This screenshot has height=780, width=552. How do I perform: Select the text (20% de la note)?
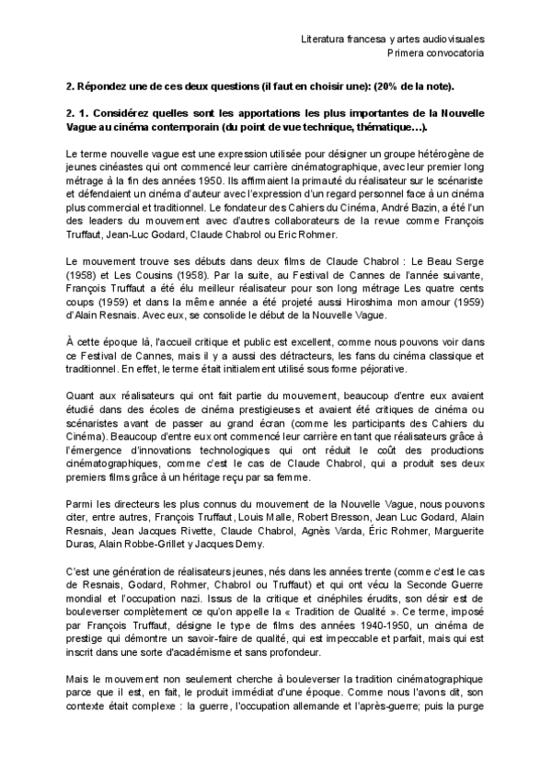point(405,86)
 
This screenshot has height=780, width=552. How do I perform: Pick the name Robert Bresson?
point(338,518)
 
